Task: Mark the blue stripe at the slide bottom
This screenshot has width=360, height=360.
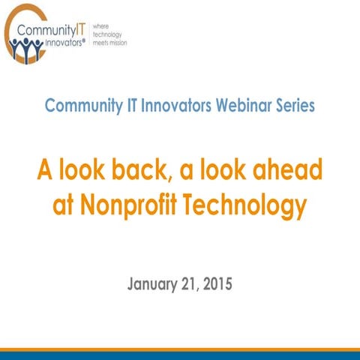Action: pos(180,355)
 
